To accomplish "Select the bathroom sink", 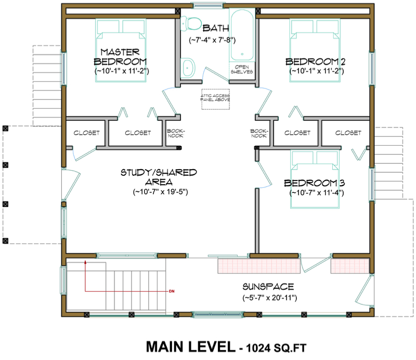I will [x=188, y=67].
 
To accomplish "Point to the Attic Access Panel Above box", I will [x=215, y=98].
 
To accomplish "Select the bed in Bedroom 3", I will [x=315, y=179].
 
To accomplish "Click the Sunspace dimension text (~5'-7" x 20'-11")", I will [x=269, y=298].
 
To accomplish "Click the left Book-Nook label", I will [x=174, y=133].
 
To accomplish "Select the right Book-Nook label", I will [x=258, y=133].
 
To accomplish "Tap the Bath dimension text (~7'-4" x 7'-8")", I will [x=213, y=39].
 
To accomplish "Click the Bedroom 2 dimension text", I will [x=316, y=71].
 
